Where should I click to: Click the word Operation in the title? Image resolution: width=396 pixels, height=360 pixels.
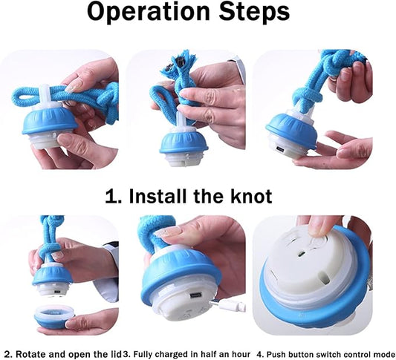pyautogui.click(x=149, y=12)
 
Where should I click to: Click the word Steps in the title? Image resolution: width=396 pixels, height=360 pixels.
pyautogui.click(x=255, y=12)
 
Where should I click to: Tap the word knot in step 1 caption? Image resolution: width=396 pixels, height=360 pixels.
pyautogui.click(x=251, y=196)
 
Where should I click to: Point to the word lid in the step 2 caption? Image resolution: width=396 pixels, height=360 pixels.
pyautogui.click(x=117, y=354)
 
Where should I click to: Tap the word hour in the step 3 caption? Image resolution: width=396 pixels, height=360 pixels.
pyautogui.click(x=241, y=354)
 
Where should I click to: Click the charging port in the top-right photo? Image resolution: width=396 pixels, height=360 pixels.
pyautogui.click(x=281, y=148)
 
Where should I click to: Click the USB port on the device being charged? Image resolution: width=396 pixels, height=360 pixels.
pyautogui.click(x=195, y=295)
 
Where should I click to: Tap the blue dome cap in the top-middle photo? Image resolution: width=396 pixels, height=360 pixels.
pyautogui.click(x=184, y=143)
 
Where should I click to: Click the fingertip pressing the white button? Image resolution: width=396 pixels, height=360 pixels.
pyautogui.click(x=319, y=230)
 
